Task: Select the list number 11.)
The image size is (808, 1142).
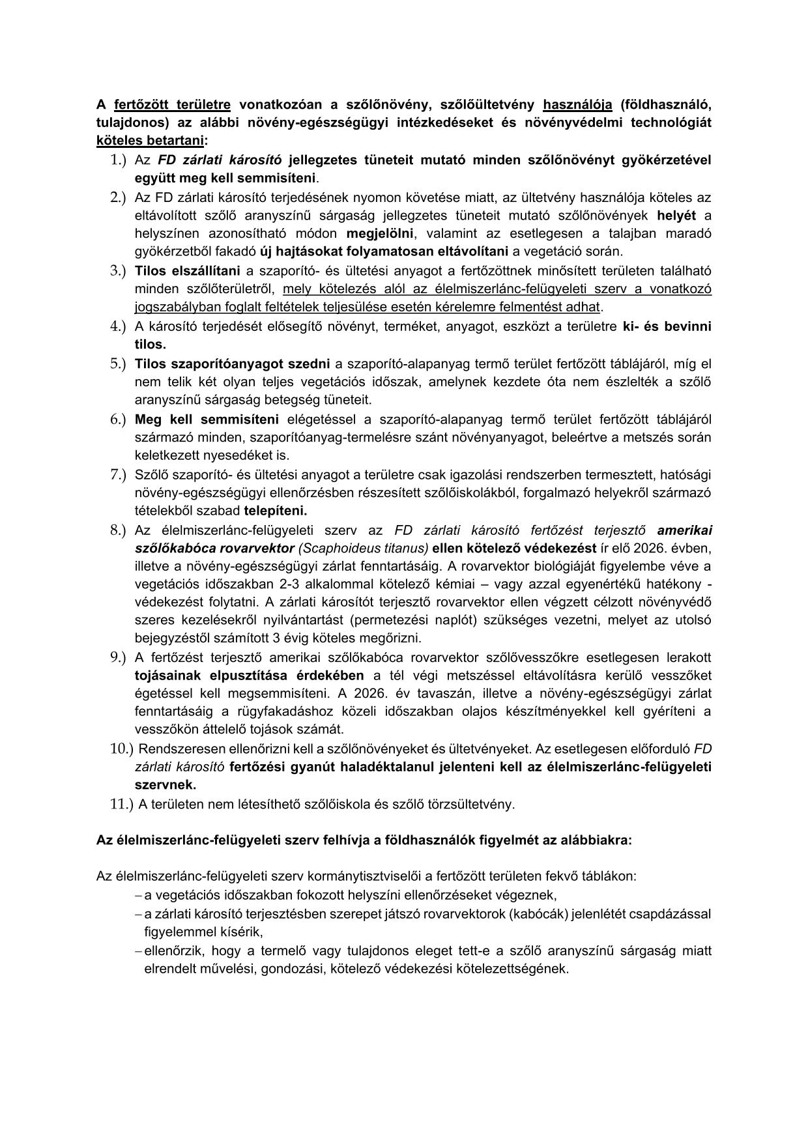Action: (x=122, y=804)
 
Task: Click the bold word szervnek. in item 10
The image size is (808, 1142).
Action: (x=166, y=785)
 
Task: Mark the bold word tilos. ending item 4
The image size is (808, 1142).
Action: (x=151, y=344)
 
